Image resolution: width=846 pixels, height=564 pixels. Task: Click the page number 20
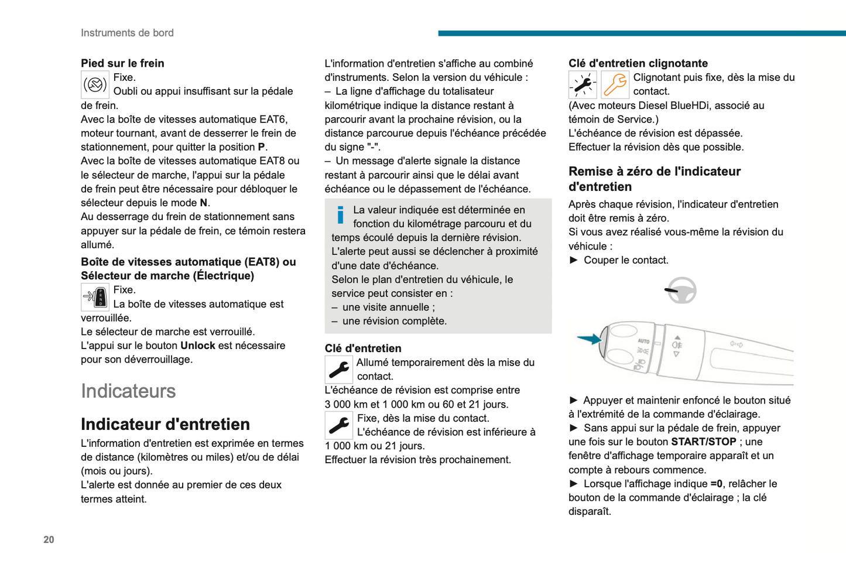coord(49,539)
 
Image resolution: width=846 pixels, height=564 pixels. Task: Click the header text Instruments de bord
coord(127,33)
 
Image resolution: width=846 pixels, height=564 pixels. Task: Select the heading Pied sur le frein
coord(122,63)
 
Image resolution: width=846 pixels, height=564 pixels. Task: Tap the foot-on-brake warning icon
coord(95,85)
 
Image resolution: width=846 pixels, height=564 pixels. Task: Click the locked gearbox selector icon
coord(95,297)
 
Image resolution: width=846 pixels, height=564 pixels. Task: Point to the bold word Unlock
coord(198,346)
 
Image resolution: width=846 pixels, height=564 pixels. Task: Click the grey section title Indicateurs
coord(128,391)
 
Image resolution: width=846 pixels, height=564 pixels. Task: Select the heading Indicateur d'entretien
coord(165,424)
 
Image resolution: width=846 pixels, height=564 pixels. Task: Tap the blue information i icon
coord(340,215)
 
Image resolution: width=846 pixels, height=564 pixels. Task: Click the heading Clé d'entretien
coord(363,348)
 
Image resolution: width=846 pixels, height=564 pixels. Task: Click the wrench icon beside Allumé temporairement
coord(339,370)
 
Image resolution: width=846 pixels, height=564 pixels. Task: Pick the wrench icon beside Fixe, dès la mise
coord(339,425)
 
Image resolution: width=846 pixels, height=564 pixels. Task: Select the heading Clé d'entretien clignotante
coord(638,63)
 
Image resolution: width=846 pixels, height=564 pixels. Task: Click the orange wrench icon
coord(615,85)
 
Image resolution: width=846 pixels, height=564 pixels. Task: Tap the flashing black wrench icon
coord(583,85)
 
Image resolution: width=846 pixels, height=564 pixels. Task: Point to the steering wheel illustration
coord(681,290)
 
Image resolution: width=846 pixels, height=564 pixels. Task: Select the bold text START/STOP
coord(704,442)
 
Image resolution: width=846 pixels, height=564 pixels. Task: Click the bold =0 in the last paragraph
coord(717,484)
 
